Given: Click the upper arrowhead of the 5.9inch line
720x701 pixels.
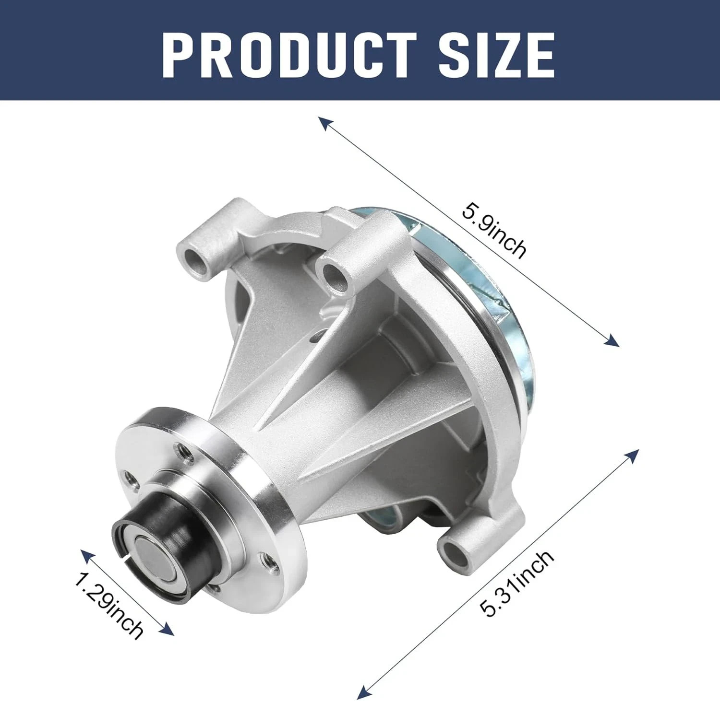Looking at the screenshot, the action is tap(325, 123).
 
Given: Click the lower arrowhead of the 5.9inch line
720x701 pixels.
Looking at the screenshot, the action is tap(612, 339).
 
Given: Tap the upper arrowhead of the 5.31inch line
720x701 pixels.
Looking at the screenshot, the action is tap(633, 456).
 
